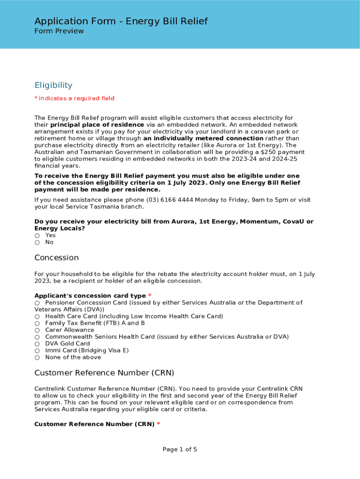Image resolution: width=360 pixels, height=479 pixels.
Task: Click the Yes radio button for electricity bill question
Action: pos(37,236)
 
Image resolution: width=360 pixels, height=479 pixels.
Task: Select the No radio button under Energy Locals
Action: pos(37,242)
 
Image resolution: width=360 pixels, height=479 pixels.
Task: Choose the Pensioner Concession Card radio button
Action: pos(37,303)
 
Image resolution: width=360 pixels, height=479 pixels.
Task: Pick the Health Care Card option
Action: pos(37,317)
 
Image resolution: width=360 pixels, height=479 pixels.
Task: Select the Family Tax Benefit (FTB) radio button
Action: pos(37,323)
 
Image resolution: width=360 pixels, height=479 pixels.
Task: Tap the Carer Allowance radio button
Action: pos(37,330)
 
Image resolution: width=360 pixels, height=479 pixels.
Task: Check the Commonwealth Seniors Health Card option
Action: pos(37,337)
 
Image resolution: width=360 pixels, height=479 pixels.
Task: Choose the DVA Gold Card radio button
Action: pos(37,344)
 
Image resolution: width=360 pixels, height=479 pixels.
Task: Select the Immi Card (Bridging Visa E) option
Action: pos(37,350)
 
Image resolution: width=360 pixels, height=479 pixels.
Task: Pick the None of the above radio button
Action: pos(37,357)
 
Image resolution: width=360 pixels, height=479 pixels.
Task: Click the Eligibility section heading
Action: pos(53,85)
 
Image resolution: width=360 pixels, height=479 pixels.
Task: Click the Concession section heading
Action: pos(57,258)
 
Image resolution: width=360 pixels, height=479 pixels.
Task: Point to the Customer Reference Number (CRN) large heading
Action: pos(104,373)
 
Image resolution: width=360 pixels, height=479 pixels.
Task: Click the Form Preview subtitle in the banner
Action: pos(59,31)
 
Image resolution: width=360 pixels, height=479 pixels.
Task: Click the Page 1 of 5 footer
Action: pos(180,450)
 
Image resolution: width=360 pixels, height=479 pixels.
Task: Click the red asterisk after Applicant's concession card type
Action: pos(150,296)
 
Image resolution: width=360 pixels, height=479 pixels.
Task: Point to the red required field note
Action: pos(74,98)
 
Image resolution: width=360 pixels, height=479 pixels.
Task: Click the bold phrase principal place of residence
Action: pos(97,125)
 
